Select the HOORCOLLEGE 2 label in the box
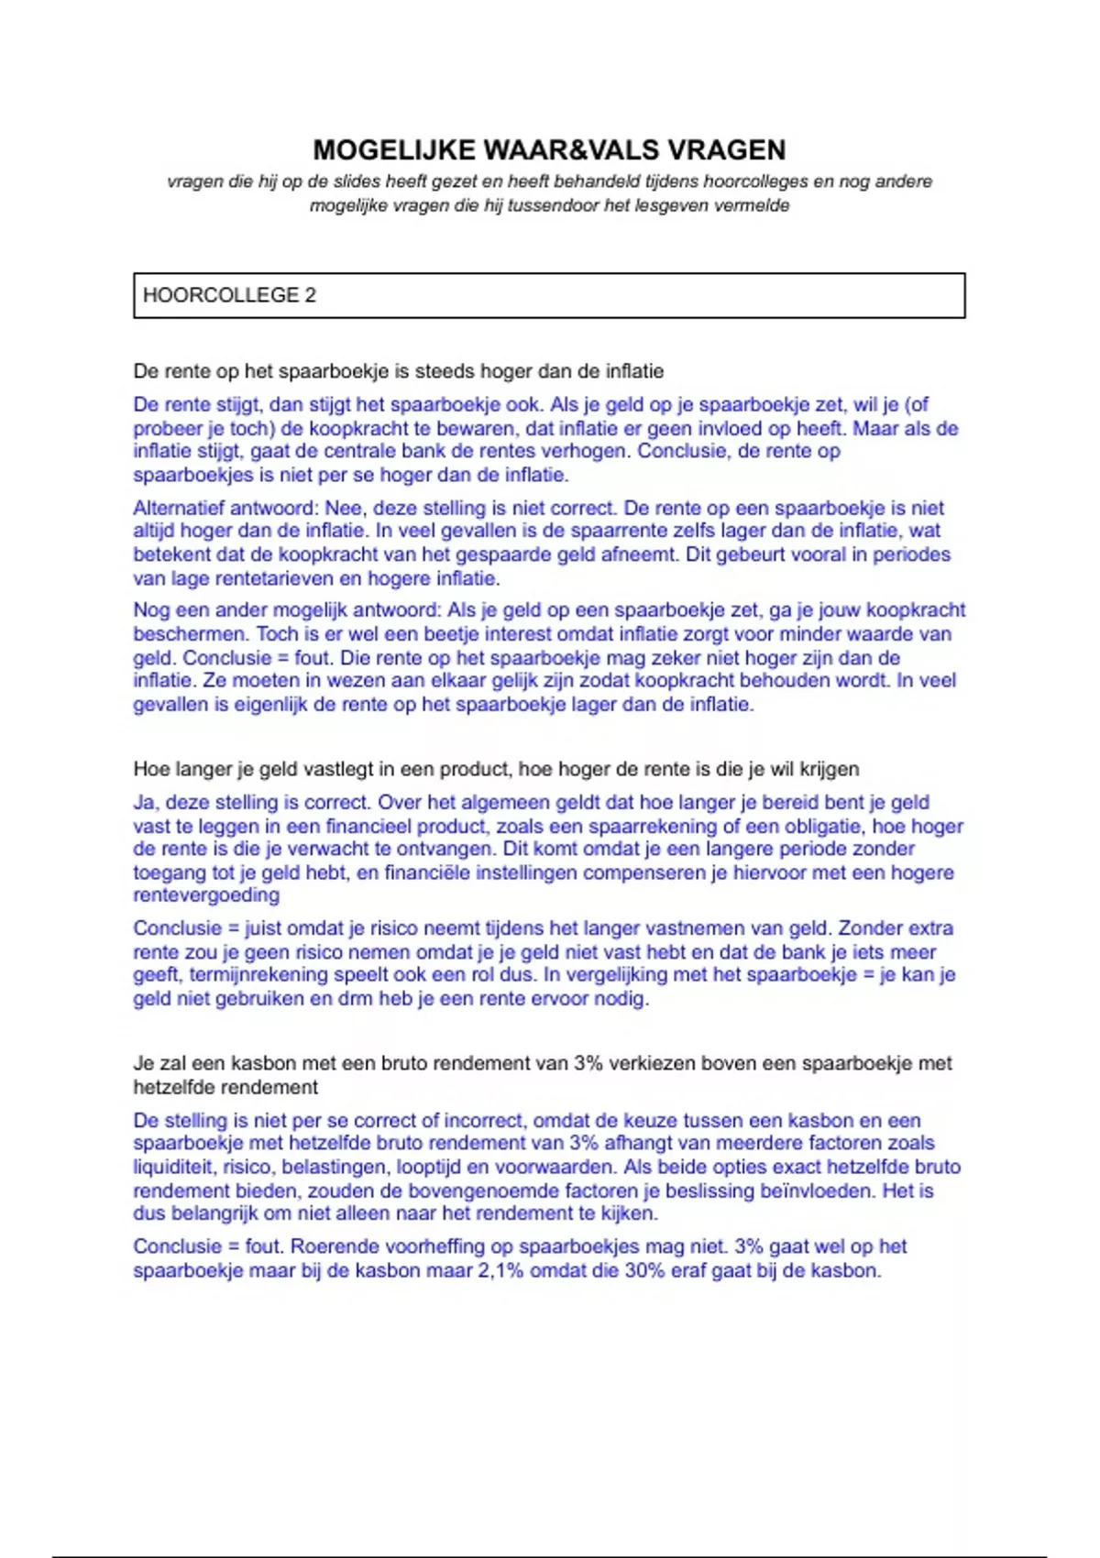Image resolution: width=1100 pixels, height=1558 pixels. tap(229, 295)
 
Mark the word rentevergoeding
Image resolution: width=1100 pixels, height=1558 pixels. tap(206, 895)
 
